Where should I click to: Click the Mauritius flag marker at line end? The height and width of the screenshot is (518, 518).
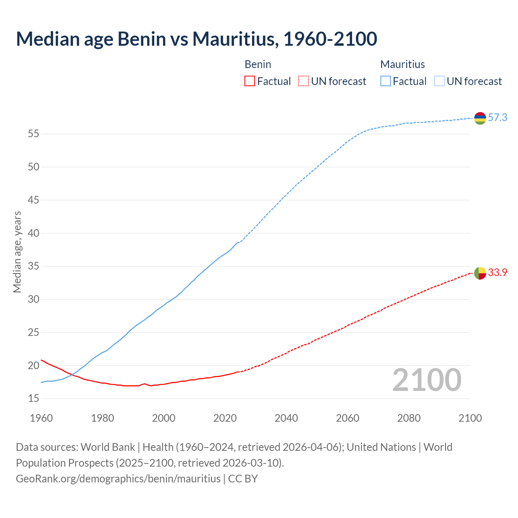(x=480, y=118)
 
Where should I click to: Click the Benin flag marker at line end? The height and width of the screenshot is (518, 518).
(x=480, y=273)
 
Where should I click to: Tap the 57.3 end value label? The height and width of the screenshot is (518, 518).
(x=497, y=118)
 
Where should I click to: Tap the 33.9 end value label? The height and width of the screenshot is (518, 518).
(x=497, y=273)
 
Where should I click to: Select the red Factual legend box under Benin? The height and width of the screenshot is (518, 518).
(x=250, y=81)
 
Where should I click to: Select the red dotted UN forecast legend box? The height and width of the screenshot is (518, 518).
(x=304, y=81)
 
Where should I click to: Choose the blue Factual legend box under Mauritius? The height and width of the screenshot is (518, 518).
(x=386, y=81)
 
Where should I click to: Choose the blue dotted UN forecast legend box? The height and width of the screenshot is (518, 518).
(x=439, y=81)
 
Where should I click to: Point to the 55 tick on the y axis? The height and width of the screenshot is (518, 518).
(x=33, y=134)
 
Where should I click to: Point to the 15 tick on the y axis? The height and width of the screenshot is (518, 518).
(x=33, y=399)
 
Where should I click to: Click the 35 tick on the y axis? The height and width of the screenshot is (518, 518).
(x=33, y=266)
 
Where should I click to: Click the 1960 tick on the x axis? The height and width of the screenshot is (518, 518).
(x=41, y=418)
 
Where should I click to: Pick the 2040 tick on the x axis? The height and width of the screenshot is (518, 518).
(x=286, y=418)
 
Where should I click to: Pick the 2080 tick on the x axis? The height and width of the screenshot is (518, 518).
(x=409, y=418)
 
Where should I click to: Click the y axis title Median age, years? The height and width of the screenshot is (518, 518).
(x=17, y=252)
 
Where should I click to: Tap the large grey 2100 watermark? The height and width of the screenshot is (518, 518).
(x=427, y=380)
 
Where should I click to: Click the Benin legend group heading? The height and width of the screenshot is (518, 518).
(x=258, y=64)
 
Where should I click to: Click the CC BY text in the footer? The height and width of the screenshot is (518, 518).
(x=243, y=479)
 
